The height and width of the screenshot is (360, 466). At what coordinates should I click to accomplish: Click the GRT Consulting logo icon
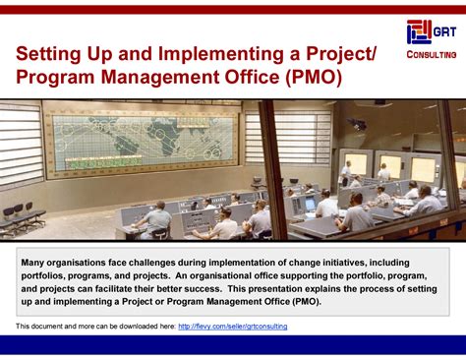pyautogui.click(x=418, y=31)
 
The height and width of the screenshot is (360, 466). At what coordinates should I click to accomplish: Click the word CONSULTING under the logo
pyautogui.click(x=429, y=54)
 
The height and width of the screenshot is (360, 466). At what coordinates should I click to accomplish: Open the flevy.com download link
pyautogui.click(x=233, y=325)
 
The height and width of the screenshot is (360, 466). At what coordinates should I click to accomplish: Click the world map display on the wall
pyautogui.click(x=144, y=141)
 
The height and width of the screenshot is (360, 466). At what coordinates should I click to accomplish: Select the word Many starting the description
pyautogui.click(x=40, y=264)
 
